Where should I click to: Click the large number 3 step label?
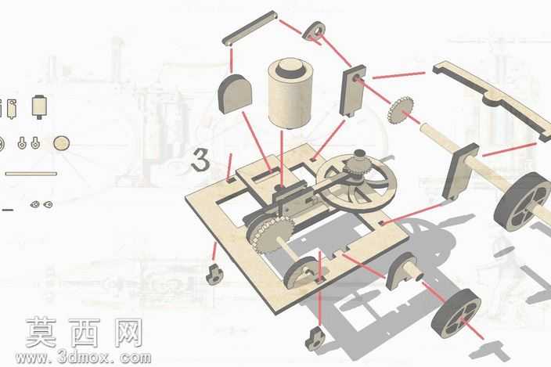coord(201,160)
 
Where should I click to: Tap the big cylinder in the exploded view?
coord(290,94)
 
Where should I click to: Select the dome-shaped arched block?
coord(235,94)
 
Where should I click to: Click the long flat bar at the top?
coord(250,28)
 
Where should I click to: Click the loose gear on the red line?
coord(401,110)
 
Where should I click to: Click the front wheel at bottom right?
coord(455,314)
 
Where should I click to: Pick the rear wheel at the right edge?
coord(523,202)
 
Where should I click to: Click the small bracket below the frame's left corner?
coord(214,274)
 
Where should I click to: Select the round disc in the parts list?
coord(62,143)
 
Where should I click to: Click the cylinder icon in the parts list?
coord(39,106)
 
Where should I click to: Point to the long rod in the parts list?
coord(31,174)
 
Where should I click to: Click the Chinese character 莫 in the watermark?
coord(41,333)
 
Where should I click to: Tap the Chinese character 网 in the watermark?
coord(127,333)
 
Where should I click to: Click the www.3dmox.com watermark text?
coord(83,358)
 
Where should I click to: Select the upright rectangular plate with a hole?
coord(352,91)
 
